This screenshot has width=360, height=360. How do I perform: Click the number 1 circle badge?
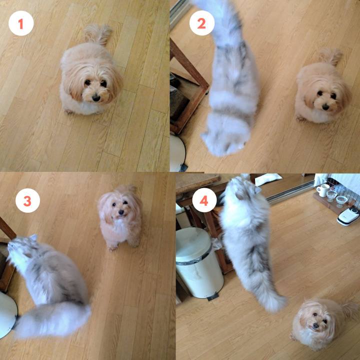pyautogui.click(x=21, y=23)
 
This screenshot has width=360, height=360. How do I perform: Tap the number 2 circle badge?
pyautogui.click(x=202, y=23)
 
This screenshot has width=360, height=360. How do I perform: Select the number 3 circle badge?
pyautogui.click(x=27, y=200)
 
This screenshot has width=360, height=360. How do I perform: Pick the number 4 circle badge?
pyautogui.click(x=204, y=200)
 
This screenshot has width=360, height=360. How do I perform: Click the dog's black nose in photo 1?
pyautogui.click(x=96, y=98)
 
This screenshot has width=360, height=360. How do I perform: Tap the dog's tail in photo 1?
pyautogui.click(x=98, y=34)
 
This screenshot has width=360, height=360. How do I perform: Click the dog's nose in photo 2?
pyautogui.click(x=325, y=106)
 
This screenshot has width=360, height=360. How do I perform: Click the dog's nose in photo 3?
pyautogui.click(x=121, y=213)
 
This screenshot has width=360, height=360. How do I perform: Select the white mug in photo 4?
pyautogui.click(x=323, y=190)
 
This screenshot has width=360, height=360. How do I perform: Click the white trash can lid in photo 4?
pyautogui.click(x=194, y=244)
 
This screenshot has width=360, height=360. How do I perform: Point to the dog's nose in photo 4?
pyautogui.click(x=316, y=325)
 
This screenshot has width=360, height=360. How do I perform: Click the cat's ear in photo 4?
pyautogui.click(x=257, y=189)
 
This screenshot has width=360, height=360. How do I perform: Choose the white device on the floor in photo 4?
pyautogui.click(x=348, y=216)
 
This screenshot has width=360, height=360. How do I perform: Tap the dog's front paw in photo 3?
pyautogui.click(x=112, y=248)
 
